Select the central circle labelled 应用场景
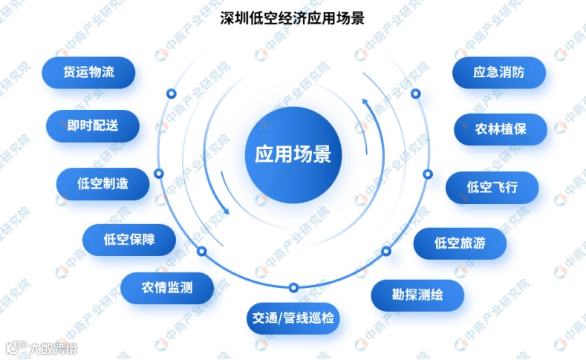click(x=293, y=154)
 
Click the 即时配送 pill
click(x=92, y=126)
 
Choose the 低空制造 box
click(x=102, y=184)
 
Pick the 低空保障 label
click(x=129, y=239)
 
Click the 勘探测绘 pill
click(x=417, y=295)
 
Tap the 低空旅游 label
click(x=460, y=243)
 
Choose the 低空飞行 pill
click(x=492, y=187)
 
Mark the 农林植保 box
click(x=501, y=128)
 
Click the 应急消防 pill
click(x=498, y=73)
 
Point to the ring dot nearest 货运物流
click(x=171, y=94)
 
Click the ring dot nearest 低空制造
click(x=158, y=173)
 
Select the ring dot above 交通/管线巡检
click(x=293, y=287)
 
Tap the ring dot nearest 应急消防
click(x=416, y=94)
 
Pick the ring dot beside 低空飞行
click(x=427, y=173)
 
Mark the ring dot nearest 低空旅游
click(x=386, y=252)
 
